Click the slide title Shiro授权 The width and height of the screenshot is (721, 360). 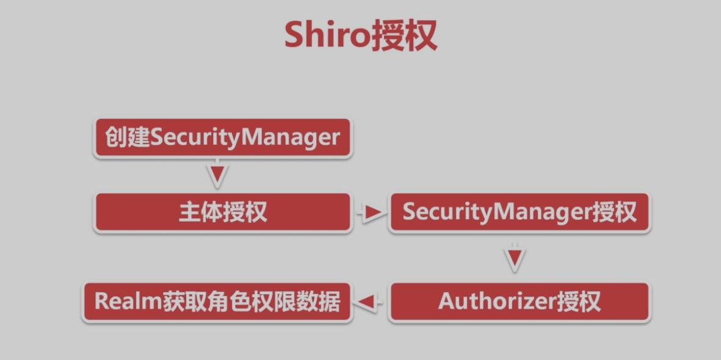tap(360, 35)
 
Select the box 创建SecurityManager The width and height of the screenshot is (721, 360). tap(223, 138)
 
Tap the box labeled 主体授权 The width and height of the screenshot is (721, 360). tap(223, 213)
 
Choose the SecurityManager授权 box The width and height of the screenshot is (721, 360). tap(520, 213)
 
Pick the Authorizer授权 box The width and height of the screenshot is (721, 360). tap(520, 301)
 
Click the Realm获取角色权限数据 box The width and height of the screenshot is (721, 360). tap(217, 301)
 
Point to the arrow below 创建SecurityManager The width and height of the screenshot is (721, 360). tap(217, 175)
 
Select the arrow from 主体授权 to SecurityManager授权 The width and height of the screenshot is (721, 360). tap(371, 213)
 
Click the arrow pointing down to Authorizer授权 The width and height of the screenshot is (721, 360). tap(515, 258)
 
